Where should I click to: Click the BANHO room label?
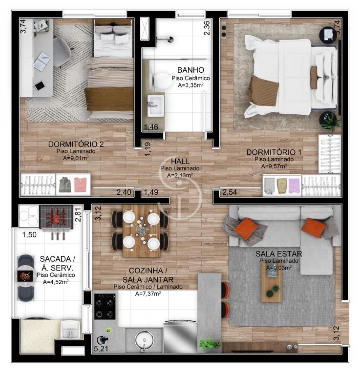pos(191,70)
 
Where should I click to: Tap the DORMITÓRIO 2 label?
pos(76,144)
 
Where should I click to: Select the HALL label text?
pos(180,161)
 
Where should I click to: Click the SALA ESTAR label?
pos(279,253)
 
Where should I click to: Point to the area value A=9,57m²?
pos(274,166)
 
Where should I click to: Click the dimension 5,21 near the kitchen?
pos(101,349)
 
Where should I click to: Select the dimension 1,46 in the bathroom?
pos(151,127)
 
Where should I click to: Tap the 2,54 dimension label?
pos(230,192)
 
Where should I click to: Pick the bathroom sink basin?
pos(156,105)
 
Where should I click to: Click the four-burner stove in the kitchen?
pos(105,307)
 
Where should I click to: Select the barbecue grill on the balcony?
pos(56,217)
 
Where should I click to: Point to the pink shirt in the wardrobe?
pos(80,185)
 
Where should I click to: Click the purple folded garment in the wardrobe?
pos(295,186)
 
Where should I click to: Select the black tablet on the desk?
pos(40,85)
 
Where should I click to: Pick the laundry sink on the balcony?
pos(70,329)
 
